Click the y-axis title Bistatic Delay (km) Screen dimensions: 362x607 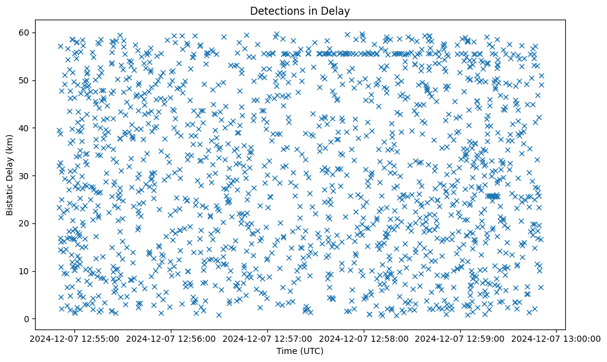pyautogui.click(x=10, y=175)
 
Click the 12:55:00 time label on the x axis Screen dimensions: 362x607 pyautogui.click(x=76, y=338)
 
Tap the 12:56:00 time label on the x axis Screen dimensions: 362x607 pyautogui.click(x=172, y=338)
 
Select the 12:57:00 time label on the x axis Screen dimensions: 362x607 pyautogui.click(x=268, y=338)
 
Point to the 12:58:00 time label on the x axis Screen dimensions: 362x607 pyautogui.click(x=364, y=338)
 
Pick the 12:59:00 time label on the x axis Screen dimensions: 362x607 pyautogui.click(x=461, y=338)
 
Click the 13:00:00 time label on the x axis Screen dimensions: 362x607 pyautogui.click(x=557, y=338)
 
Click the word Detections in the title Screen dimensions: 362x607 pyautogui.click(x=275, y=10)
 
